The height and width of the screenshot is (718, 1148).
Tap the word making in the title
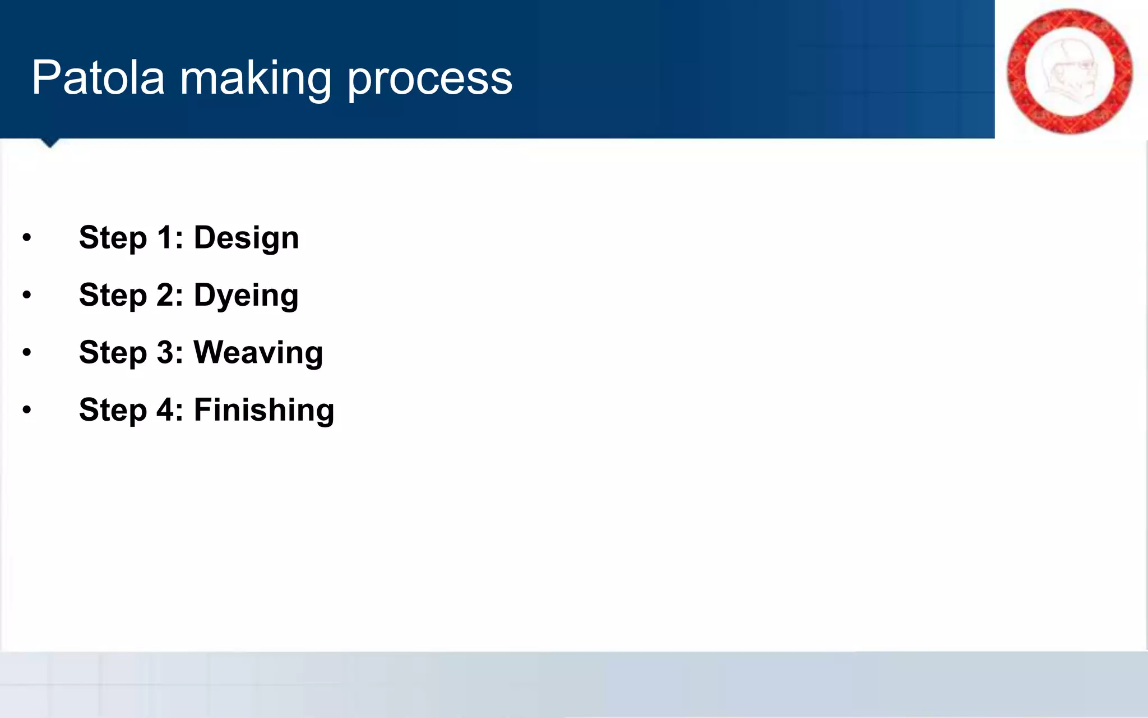point(256,79)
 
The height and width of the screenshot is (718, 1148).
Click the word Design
point(246,238)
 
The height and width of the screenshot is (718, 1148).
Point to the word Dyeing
point(246,296)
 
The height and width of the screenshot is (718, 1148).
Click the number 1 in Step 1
point(165,237)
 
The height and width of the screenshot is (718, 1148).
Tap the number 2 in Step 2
point(166,295)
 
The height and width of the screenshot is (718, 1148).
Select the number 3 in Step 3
point(166,353)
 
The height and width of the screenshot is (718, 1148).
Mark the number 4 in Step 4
point(166,409)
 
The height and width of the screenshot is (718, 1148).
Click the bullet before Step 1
point(27,238)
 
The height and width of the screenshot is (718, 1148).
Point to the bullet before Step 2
point(27,295)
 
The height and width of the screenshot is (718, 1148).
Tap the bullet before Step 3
point(27,353)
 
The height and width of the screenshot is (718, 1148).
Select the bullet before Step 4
point(27,410)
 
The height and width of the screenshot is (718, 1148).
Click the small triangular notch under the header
point(50,142)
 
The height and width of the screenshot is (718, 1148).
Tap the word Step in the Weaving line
point(113,353)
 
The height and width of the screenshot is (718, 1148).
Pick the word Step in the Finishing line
point(113,410)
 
